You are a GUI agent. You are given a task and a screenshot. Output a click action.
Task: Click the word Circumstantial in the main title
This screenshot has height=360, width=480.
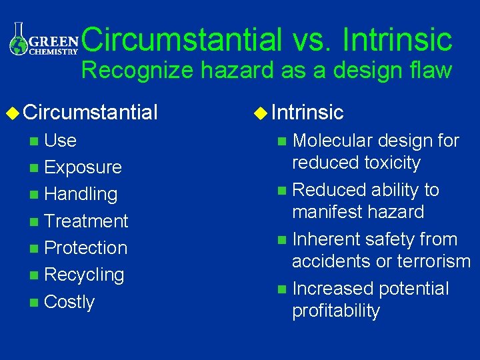point(182,39)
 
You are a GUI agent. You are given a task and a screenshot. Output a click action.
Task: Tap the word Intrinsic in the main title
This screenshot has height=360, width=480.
point(397,39)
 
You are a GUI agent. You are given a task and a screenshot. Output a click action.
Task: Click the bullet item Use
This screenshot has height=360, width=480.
point(60,141)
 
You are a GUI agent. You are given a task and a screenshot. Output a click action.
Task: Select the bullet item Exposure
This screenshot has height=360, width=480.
point(83,167)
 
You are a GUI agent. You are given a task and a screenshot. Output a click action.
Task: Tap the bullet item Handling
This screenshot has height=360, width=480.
point(81,195)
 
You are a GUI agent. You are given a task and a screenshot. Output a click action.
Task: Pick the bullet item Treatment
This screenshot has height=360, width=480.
point(86,221)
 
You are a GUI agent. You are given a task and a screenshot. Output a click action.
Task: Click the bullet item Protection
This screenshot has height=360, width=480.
point(85,247)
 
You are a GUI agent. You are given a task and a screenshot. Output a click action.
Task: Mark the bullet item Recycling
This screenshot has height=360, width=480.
point(84,275)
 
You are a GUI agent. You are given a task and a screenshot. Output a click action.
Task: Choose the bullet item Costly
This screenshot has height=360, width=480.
point(69,302)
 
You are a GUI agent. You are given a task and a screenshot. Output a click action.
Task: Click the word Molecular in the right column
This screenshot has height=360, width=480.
point(332,141)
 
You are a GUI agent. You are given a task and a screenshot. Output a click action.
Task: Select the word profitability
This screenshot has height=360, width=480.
point(336,311)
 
